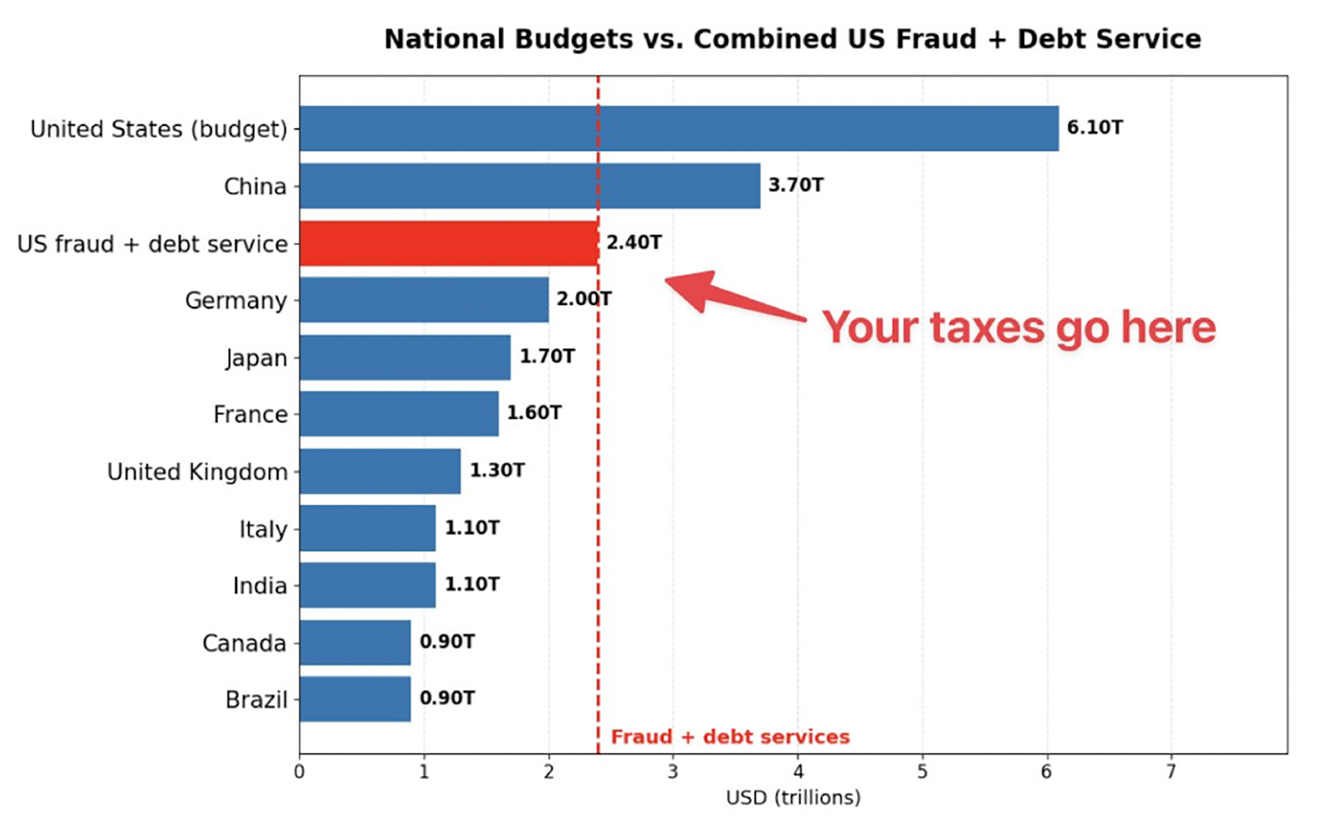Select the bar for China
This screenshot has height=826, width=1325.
[x=529, y=186]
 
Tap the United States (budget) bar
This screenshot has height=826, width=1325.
[x=678, y=128]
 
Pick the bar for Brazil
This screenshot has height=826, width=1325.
[x=355, y=699]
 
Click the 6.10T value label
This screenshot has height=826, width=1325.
[x=1095, y=128]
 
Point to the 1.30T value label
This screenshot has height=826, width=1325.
[x=497, y=470]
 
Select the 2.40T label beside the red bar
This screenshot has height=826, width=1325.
[x=634, y=243]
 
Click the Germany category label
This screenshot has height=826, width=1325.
[x=236, y=300]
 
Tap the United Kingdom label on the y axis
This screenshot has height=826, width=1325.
[x=197, y=472]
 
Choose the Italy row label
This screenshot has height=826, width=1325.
[x=263, y=529]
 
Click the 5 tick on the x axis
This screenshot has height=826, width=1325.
[x=922, y=772]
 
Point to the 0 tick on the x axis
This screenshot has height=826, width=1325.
[x=299, y=772]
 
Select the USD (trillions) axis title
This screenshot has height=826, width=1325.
[x=793, y=798]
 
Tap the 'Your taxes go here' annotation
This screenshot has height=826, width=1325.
[x=1018, y=328]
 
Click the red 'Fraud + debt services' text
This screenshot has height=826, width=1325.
[x=730, y=737]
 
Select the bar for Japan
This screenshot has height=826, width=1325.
[x=405, y=357]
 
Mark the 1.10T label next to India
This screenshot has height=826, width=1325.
[x=472, y=585]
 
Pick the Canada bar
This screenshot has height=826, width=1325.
[x=355, y=642]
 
